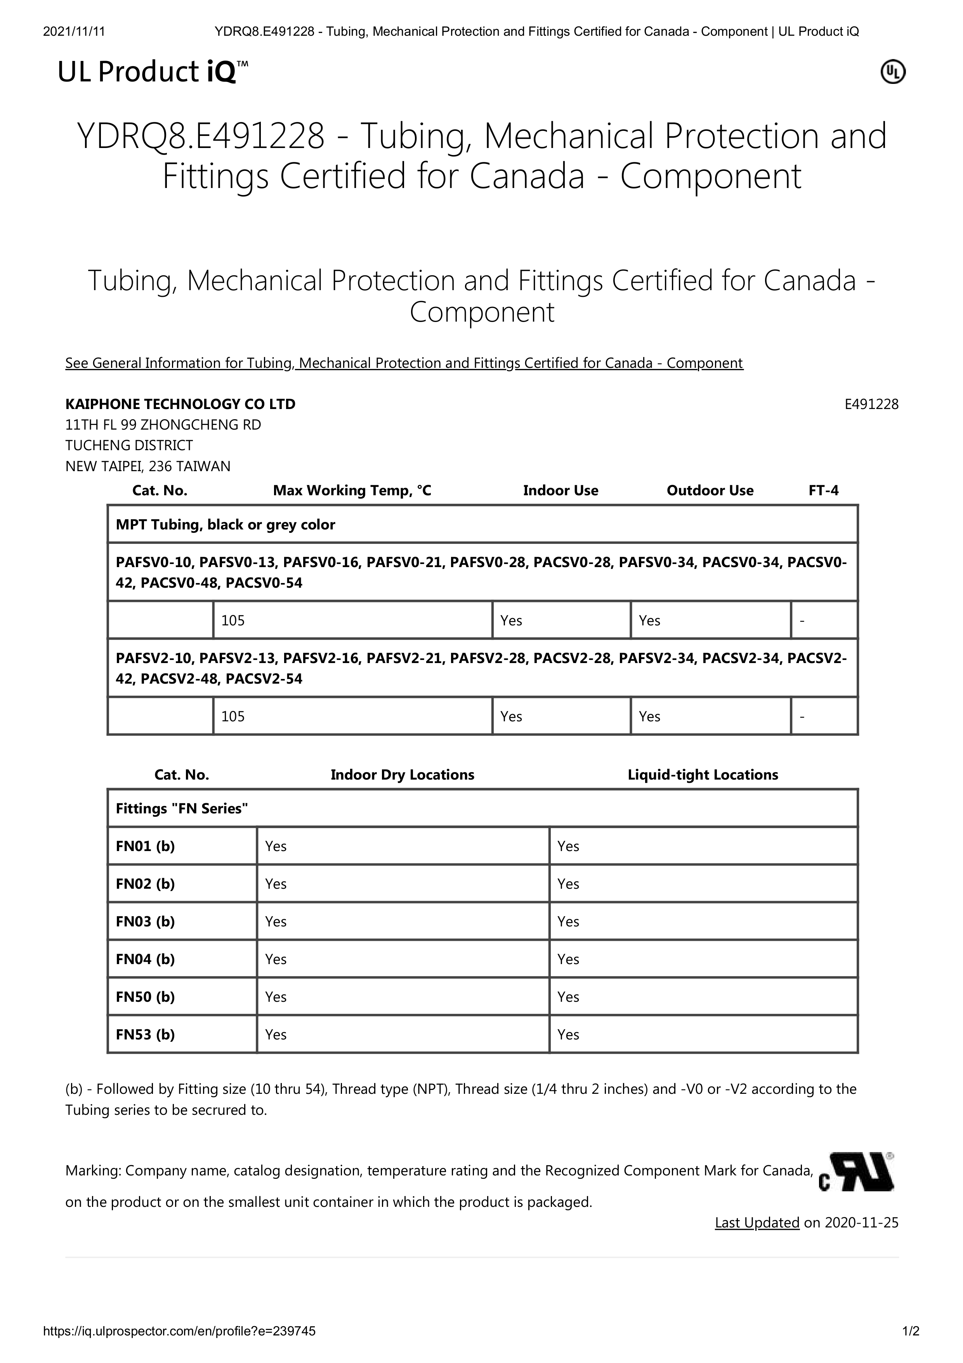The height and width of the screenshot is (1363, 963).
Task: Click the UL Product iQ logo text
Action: click(x=153, y=72)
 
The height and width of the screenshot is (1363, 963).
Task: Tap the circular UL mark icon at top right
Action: click(x=892, y=72)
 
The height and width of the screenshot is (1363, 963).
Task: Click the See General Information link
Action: click(x=403, y=363)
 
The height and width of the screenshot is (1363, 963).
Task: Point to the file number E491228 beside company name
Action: click(x=871, y=404)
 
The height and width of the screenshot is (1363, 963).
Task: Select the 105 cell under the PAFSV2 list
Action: click(x=233, y=717)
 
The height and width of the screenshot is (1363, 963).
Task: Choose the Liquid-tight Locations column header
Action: click(x=703, y=775)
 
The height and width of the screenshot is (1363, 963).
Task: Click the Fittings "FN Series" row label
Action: click(x=182, y=809)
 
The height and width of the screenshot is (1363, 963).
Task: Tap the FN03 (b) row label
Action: click(x=146, y=921)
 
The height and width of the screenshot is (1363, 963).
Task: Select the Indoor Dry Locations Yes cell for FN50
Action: click(x=276, y=997)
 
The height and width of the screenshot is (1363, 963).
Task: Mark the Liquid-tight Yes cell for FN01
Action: click(x=568, y=846)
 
